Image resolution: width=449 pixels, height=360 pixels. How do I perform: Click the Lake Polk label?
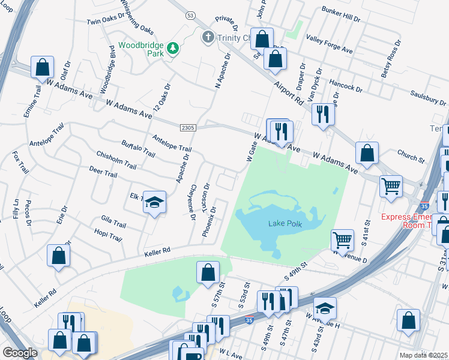(285, 224)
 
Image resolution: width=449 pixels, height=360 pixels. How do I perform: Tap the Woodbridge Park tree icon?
(173, 48)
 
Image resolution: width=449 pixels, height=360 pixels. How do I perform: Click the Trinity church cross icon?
(208, 37)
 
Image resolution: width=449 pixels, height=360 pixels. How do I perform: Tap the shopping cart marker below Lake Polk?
(342, 239)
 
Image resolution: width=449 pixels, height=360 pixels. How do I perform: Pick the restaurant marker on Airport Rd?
(323, 114)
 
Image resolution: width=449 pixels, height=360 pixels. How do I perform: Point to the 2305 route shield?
(188, 127)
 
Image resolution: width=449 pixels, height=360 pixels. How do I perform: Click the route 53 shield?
(190, 15)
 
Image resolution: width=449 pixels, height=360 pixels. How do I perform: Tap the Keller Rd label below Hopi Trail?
(157, 250)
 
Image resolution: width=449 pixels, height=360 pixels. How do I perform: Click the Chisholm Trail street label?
(116, 159)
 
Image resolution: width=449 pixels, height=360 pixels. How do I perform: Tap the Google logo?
(20, 353)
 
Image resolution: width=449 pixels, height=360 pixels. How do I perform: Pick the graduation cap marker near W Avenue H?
(325, 308)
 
